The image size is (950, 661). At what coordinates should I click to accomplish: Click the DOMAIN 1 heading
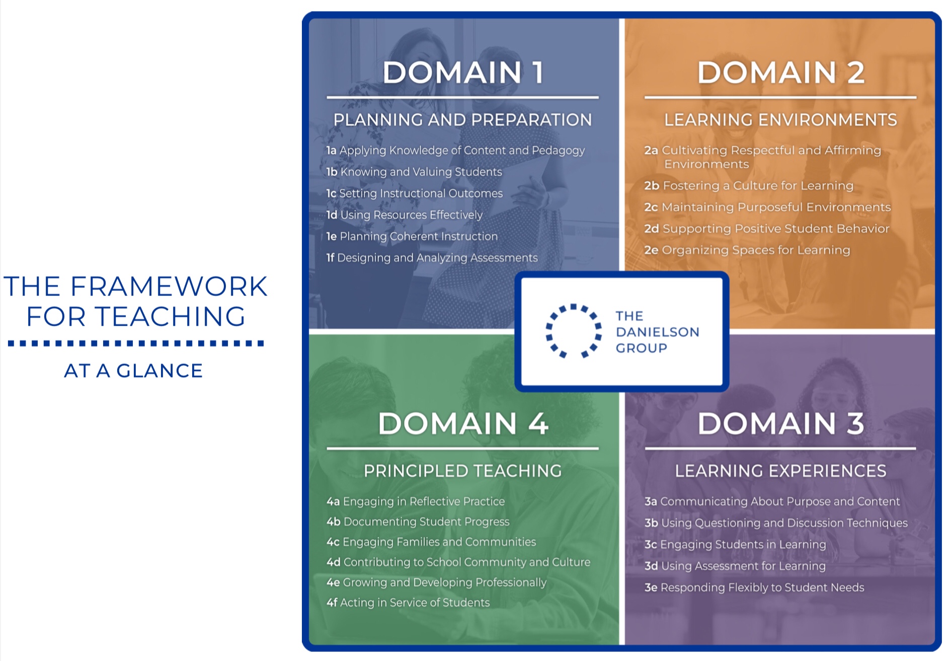pyautogui.click(x=463, y=72)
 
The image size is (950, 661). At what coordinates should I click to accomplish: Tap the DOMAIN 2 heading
pyautogui.click(x=780, y=72)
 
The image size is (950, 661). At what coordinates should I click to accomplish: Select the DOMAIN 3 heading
pyautogui.click(x=780, y=423)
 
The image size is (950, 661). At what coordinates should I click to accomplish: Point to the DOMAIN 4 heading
pyautogui.click(x=463, y=423)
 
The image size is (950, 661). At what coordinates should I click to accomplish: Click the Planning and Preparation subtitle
pyautogui.click(x=462, y=120)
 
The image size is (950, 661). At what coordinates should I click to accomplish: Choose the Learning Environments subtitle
pyautogui.click(x=780, y=120)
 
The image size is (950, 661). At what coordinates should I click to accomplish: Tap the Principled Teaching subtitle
pyautogui.click(x=462, y=471)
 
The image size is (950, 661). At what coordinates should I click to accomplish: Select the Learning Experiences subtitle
pyautogui.click(x=780, y=471)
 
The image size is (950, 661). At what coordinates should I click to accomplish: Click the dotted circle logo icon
pyautogui.click(x=574, y=331)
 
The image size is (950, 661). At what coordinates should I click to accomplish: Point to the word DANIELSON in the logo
pyautogui.click(x=657, y=332)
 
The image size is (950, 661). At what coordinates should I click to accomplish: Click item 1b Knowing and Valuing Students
pyautogui.click(x=414, y=172)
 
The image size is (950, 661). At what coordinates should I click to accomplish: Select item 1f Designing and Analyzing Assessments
pyautogui.click(x=432, y=258)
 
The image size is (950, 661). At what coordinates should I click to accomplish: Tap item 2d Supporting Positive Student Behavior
pyautogui.click(x=767, y=229)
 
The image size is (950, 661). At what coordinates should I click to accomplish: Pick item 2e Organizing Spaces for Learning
pyautogui.click(x=747, y=250)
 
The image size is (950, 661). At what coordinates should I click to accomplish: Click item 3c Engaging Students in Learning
pyautogui.click(x=735, y=544)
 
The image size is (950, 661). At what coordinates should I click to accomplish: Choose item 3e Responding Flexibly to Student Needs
pyautogui.click(x=754, y=587)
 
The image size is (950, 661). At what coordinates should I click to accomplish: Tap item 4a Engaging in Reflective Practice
pyautogui.click(x=416, y=501)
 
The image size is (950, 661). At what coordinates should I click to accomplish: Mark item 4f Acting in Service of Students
pyautogui.click(x=408, y=603)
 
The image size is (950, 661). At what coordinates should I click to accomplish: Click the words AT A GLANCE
pyautogui.click(x=133, y=371)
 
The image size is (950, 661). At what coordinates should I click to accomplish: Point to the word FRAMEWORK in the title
pyautogui.click(x=169, y=286)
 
